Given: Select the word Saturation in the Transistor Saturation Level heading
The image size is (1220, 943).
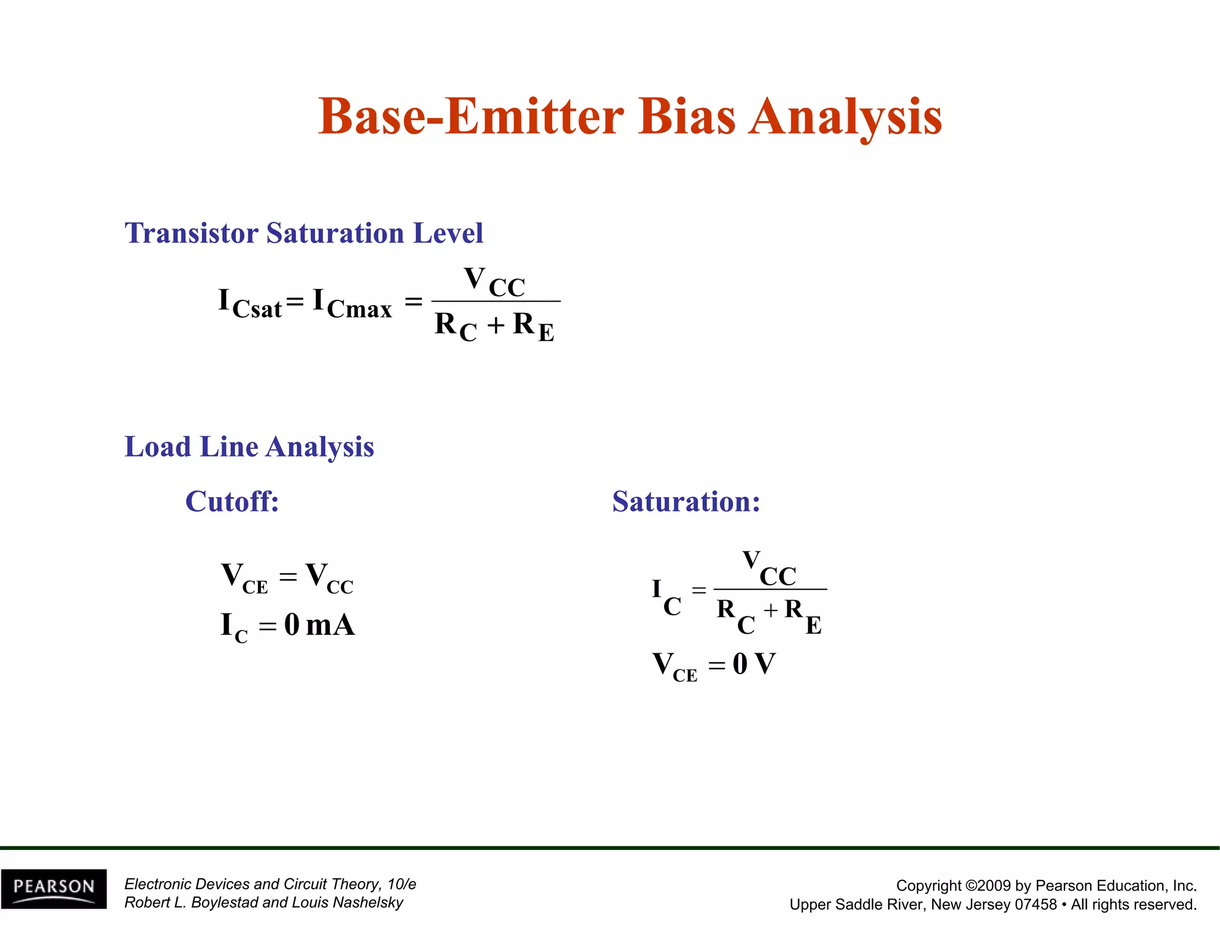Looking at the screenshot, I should (334, 233).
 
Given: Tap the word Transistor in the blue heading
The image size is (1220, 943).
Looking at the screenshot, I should (191, 233).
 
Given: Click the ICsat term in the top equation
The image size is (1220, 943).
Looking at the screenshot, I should (250, 303).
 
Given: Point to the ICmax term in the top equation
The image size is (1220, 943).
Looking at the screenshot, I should (352, 303).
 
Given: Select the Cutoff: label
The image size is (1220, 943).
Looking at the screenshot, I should (232, 501).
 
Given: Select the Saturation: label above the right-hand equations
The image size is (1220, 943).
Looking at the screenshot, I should (686, 501).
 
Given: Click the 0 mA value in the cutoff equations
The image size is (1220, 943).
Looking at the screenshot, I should (319, 625).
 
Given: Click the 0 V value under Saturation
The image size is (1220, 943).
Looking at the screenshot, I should (754, 664).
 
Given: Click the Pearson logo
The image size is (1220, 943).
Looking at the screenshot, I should (54, 888).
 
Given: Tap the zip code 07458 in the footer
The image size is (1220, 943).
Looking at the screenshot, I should (1035, 905).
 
